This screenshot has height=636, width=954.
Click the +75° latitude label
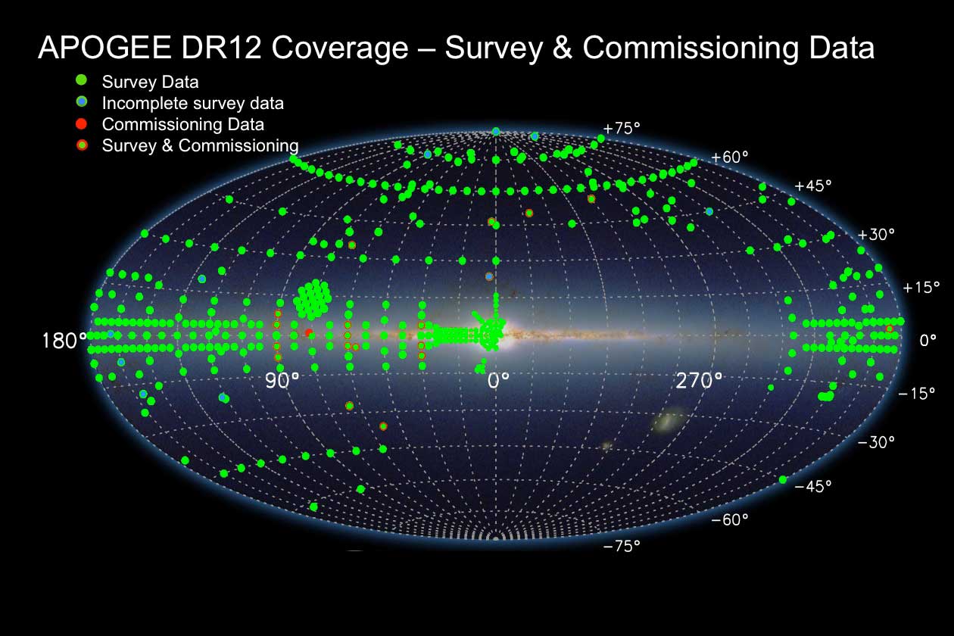pos(622,128)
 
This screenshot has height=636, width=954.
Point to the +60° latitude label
pos(729,157)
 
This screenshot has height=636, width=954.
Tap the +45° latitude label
pos(812,185)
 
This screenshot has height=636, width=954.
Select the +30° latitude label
pos(875,234)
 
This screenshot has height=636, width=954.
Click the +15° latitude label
pos(921,288)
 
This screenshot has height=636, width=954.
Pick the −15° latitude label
pos(916,393)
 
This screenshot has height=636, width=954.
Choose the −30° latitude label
pos(875,442)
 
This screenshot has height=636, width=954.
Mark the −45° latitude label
pos(812,486)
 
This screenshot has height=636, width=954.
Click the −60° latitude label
pos(729,519)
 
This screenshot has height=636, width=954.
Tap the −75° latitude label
pos(622,546)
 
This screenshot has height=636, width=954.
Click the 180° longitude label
pos(64,341)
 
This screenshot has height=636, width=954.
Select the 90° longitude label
pos(282,380)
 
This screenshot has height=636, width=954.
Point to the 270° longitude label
pos(699,380)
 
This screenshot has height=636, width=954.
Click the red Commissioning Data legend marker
pos(81,124)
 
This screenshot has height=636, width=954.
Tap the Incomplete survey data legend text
pos(192,103)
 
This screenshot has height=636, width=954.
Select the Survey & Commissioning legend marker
pos(82,145)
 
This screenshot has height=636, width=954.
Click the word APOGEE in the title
pos(104,47)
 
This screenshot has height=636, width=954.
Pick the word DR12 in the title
pos(221,47)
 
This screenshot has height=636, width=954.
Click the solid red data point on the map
pos(309,332)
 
